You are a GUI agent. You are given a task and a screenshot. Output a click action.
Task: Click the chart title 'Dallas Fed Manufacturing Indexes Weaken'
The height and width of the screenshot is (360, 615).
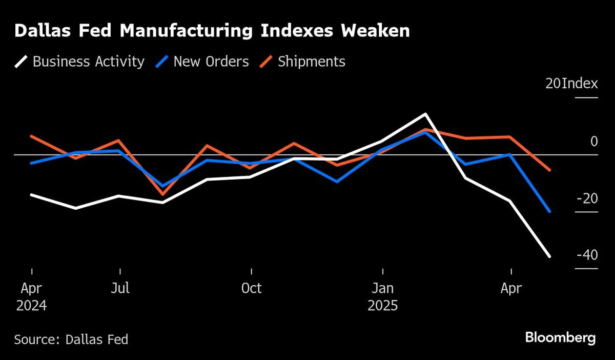click(212, 31)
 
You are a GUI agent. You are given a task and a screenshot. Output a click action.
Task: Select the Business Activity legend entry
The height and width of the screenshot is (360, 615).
click(79, 62)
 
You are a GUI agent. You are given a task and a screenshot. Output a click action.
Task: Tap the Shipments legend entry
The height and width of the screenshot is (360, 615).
click(302, 62)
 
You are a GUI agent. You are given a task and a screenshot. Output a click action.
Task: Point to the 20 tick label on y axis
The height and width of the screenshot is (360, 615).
click(553, 84)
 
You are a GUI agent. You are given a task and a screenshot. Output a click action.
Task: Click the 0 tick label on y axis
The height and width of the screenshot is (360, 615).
click(594, 141)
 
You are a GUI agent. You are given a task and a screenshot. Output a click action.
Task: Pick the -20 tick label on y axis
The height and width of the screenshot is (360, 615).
click(586, 198)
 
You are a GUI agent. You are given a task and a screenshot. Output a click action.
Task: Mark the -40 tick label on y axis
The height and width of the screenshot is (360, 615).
click(586, 255)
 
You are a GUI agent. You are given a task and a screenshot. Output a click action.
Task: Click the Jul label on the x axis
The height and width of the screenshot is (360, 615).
click(120, 288)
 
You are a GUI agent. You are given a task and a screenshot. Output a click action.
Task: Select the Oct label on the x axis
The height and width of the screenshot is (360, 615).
click(251, 288)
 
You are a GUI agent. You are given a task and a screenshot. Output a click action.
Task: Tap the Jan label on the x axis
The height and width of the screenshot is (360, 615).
click(382, 288)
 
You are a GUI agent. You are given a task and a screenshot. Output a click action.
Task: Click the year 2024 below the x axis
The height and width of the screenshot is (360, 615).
click(31, 306)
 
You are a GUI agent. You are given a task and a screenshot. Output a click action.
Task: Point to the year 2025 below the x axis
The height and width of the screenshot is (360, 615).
click(382, 306)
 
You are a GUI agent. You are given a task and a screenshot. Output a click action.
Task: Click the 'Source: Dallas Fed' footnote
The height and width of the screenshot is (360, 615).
click(71, 339)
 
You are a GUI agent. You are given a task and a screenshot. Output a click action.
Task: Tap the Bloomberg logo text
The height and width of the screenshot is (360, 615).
click(560, 338)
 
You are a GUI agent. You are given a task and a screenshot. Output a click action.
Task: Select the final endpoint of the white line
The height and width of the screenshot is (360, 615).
click(550, 256)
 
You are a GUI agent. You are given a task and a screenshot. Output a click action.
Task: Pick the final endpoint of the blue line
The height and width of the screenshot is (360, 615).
click(550, 211)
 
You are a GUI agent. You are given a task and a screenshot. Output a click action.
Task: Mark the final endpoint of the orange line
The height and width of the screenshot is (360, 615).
click(550, 170)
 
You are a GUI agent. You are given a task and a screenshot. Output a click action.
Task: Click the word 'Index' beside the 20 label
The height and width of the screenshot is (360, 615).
click(580, 84)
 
